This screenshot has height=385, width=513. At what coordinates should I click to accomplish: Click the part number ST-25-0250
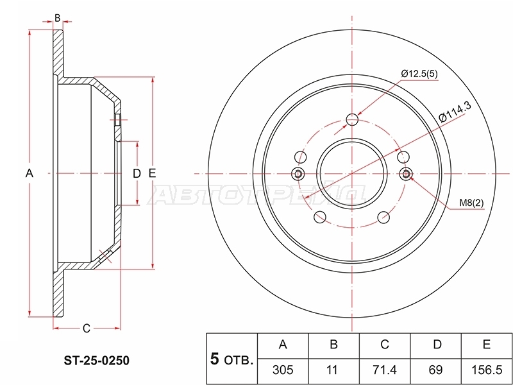click(97, 361)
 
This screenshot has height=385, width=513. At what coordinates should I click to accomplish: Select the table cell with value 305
click(283, 370)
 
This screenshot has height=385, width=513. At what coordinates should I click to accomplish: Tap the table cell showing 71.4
click(384, 370)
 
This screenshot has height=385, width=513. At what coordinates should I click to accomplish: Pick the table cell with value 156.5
click(487, 370)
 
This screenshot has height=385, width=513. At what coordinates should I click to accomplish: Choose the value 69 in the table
click(435, 370)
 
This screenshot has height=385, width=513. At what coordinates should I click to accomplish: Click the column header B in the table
click(333, 345)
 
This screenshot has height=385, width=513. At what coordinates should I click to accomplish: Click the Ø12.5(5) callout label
click(419, 74)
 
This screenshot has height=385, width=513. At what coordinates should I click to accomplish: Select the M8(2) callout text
click(471, 203)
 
